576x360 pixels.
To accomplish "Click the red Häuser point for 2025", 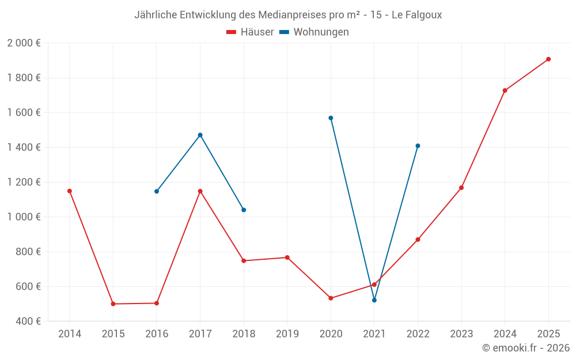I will click(x=548, y=59).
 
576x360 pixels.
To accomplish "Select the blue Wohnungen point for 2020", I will click(x=331, y=118).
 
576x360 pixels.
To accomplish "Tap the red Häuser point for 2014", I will click(x=70, y=191).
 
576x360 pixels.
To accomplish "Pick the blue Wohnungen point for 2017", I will click(x=200, y=135).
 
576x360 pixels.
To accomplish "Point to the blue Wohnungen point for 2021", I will click(x=374, y=300).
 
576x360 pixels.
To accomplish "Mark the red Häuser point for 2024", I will click(x=505, y=90).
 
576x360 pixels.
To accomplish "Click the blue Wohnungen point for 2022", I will click(x=418, y=146).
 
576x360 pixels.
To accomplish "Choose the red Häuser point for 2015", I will click(x=113, y=304).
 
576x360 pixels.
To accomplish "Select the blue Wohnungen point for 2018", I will click(x=244, y=210).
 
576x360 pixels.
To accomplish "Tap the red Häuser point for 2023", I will click(x=461, y=188).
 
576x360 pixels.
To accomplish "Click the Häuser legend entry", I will click(x=250, y=32).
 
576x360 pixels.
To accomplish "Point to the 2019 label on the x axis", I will click(x=287, y=334).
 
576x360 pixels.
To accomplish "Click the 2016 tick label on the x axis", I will click(x=157, y=334).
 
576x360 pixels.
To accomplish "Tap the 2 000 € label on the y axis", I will click(x=24, y=43).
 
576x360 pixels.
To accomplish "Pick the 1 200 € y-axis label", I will click(x=24, y=182).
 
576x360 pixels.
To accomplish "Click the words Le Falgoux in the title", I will click(x=416, y=15).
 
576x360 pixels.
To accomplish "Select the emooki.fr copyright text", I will click(x=526, y=348).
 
